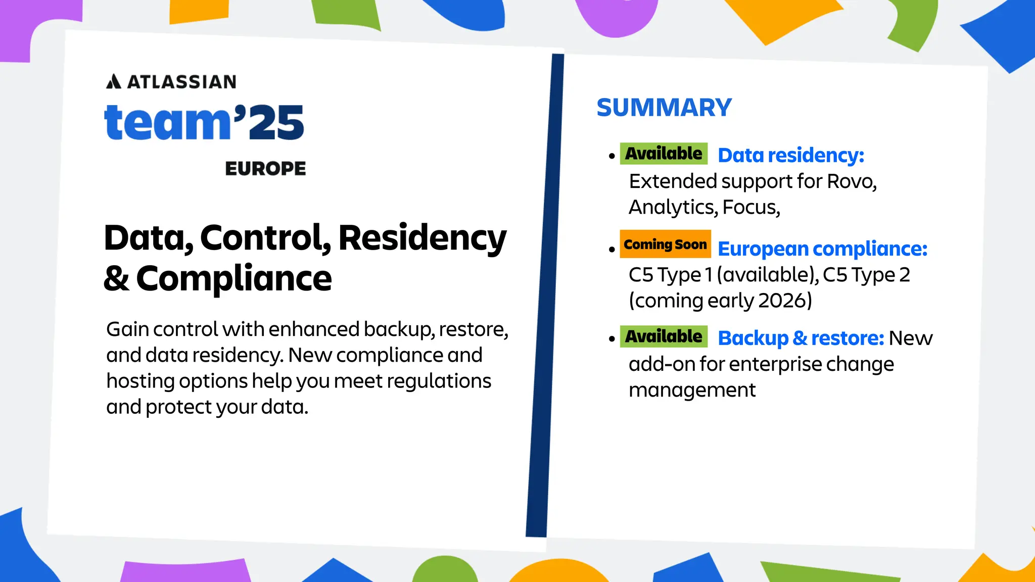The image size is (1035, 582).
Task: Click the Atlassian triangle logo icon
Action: tap(114, 81)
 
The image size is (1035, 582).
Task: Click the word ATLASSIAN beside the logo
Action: tap(182, 82)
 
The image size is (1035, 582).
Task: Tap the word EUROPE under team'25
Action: tap(265, 169)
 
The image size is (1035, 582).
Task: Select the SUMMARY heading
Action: tap(664, 108)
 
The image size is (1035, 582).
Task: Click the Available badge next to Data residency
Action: tap(664, 154)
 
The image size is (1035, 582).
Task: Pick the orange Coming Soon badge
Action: tap(665, 245)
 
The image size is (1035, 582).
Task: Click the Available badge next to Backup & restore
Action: tap(664, 336)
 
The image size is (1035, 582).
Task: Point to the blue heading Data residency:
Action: tap(791, 155)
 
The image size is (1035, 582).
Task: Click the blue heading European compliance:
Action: tap(822, 249)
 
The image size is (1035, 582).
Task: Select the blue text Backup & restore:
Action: tap(801, 338)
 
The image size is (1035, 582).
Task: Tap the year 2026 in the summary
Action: tap(785, 301)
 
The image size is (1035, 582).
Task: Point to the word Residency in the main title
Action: tap(422, 237)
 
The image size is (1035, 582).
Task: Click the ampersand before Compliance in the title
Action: tap(116, 278)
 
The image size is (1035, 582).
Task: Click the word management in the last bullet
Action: tap(692, 390)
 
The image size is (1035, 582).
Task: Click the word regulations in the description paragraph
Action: tap(439, 381)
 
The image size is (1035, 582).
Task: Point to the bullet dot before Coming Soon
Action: tap(612, 249)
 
